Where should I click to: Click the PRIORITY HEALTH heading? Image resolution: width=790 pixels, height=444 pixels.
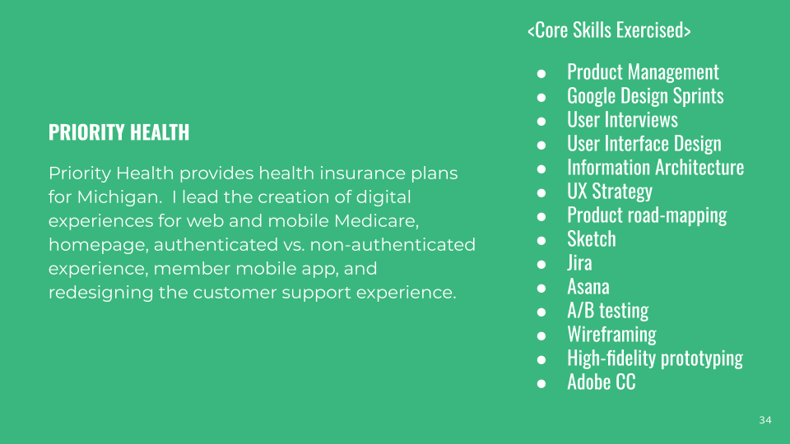pos(118,132)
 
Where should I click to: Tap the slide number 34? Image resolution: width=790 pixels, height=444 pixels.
pos(765,420)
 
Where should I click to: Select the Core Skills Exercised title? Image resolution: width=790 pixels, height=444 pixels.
pos(608,30)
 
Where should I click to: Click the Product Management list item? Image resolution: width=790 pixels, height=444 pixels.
pos(643,72)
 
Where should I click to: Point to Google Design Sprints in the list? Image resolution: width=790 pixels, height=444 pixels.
pos(645,96)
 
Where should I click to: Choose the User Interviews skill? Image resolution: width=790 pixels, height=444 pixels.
pos(622,120)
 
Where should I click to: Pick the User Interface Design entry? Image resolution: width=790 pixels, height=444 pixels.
pos(644,144)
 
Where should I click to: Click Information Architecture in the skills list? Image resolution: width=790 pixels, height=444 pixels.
pos(655,168)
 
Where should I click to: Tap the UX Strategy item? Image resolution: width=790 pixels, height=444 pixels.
pos(609,192)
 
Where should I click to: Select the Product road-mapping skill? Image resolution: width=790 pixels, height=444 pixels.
pos(647,215)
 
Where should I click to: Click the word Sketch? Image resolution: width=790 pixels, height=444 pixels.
pos(591,239)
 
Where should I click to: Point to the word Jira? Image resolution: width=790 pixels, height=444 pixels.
pos(579,263)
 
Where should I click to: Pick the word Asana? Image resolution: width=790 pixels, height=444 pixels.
pos(588,287)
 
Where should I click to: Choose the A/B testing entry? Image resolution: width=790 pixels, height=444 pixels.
pos(607,311)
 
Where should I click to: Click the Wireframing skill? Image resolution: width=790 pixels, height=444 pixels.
pos(611,335)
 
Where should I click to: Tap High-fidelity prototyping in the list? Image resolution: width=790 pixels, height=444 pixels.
pos(654,358)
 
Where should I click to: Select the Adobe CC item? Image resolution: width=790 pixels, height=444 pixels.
pos(601,382)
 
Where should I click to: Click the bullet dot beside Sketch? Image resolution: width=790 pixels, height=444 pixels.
pos(541,240)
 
